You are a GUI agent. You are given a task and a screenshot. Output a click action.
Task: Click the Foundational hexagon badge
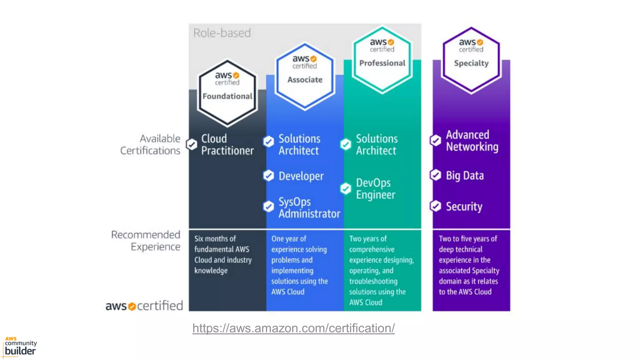pyautogui.click(x=227, y=93)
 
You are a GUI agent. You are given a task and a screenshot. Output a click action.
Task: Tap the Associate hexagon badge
pyautogui.click(x=305, y=76)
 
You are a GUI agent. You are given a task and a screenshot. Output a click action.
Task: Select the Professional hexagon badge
pyautogui.click(x=382, y=60)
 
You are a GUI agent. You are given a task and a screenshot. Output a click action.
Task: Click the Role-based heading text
pyautogui.click(x=222, y=33)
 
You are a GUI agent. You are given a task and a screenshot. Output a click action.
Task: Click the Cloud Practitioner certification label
pyautogui.click(x=227, y=145)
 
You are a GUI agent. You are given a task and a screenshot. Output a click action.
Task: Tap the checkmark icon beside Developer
pyautogui.click(x=268, y=176)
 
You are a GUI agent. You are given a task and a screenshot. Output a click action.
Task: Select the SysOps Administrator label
pyautogui.click(x=309, y=208)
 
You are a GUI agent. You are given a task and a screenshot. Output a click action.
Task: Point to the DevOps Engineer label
pyautogui.click(x=375, y=189)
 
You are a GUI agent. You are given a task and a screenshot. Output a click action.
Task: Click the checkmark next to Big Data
pyautogui.click(x=435, y=175)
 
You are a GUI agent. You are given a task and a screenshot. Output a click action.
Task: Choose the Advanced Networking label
pyautogui.click(x=472, y=141)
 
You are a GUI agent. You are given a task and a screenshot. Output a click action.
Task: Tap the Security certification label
pyautogui.click(x=464, y=207)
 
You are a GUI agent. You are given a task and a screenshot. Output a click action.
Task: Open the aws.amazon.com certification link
pyautogui.click(x=293, y=328)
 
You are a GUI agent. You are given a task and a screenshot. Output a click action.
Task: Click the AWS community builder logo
pyautogui.click(x=20, y=347)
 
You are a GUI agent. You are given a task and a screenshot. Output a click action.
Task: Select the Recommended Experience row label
pyautogui.click(x=146, y=241)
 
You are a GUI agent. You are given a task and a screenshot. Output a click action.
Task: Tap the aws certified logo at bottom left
pyautogui.click(x=144, y=306)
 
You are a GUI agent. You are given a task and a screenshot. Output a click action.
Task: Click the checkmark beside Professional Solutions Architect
pyautogui.click(x=345, y=144)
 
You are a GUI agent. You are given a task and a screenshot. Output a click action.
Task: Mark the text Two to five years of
pyautogui.click(x=467, y=239)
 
